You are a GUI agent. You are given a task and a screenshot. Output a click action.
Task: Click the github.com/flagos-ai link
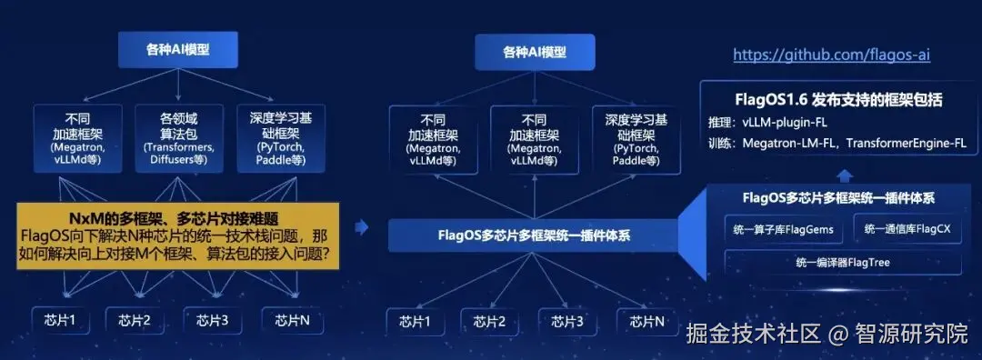[x=831, y=55]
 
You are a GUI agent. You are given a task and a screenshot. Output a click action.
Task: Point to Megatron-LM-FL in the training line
[x=790, y=143]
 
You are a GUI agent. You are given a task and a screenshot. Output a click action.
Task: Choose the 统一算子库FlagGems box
[x=784, y=230]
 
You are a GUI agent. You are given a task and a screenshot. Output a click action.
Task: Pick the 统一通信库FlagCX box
[x=907, y=230]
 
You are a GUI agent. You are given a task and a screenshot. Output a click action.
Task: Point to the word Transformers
[x=180, y=147]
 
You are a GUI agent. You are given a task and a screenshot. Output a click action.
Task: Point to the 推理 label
[x=720, y=122]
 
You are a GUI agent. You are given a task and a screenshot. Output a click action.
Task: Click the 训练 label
[x=720, y=143]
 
